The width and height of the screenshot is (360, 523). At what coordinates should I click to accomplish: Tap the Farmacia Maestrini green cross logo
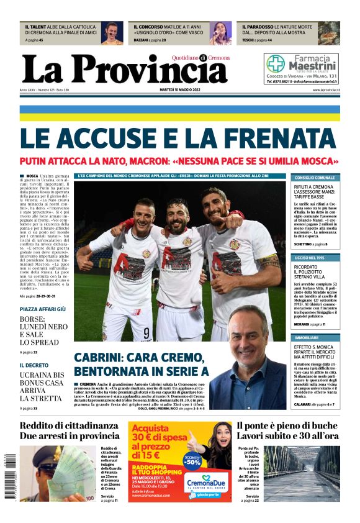(276, 63)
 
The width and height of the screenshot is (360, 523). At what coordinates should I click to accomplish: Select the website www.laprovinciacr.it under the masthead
(322, 89)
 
